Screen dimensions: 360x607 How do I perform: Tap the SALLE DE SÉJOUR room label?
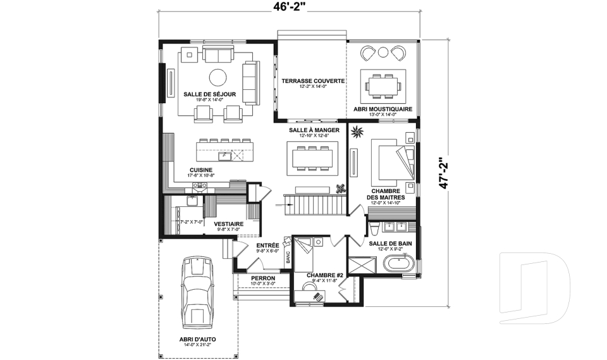(x=210, y=94)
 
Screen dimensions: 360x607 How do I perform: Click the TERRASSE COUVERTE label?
(x=313, y=81)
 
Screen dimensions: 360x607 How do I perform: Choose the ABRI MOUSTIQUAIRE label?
(x=384, y=109)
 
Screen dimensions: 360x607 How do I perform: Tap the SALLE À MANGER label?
(x=314, y=130)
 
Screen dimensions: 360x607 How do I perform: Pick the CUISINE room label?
(x=201, y=170)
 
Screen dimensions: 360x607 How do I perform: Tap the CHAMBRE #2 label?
(x=324, y=275)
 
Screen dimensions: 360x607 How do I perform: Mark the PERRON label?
(x=262, y=278)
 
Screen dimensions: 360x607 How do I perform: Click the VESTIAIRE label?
(x=228, y=223)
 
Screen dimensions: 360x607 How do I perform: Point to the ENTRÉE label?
(x=267, y=245)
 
